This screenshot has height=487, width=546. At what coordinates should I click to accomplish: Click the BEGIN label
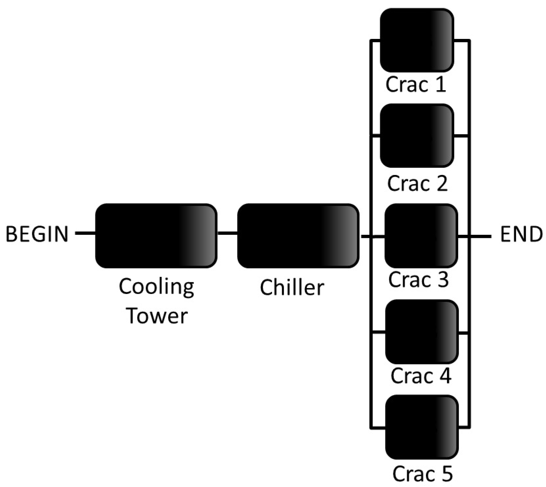click(x=37, y=234)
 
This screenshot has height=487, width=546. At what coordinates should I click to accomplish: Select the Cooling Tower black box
click(x=156, y=236)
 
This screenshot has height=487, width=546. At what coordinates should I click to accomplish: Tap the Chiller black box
click(x=298, y=236)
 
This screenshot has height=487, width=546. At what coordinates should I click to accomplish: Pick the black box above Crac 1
click(x=417, y=40)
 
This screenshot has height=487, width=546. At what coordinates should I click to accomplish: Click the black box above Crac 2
click(x=417, y=135)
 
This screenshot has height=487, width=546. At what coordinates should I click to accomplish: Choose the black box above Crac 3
click(x=421, y=236)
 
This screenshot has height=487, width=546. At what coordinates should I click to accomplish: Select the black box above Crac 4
click(x=422, y=332)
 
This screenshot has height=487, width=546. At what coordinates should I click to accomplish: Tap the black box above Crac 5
click(x=422, y=427)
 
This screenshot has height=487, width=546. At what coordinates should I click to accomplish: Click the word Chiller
click(x=292, y=287)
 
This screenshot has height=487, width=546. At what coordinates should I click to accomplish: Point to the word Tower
click(x=157, y=316)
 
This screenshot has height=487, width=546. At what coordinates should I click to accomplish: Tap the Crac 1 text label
click(x=416, y=84)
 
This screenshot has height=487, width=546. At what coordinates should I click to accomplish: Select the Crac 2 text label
click(x=417, y=183)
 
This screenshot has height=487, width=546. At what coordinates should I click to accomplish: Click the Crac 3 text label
click(x=418, y=280)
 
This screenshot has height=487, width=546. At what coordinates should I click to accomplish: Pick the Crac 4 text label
click(x=421, y=376)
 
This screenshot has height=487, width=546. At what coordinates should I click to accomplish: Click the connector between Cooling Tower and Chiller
click(x=227, y=234)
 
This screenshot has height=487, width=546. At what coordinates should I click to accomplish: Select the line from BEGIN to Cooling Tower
click(x=85, y=234)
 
